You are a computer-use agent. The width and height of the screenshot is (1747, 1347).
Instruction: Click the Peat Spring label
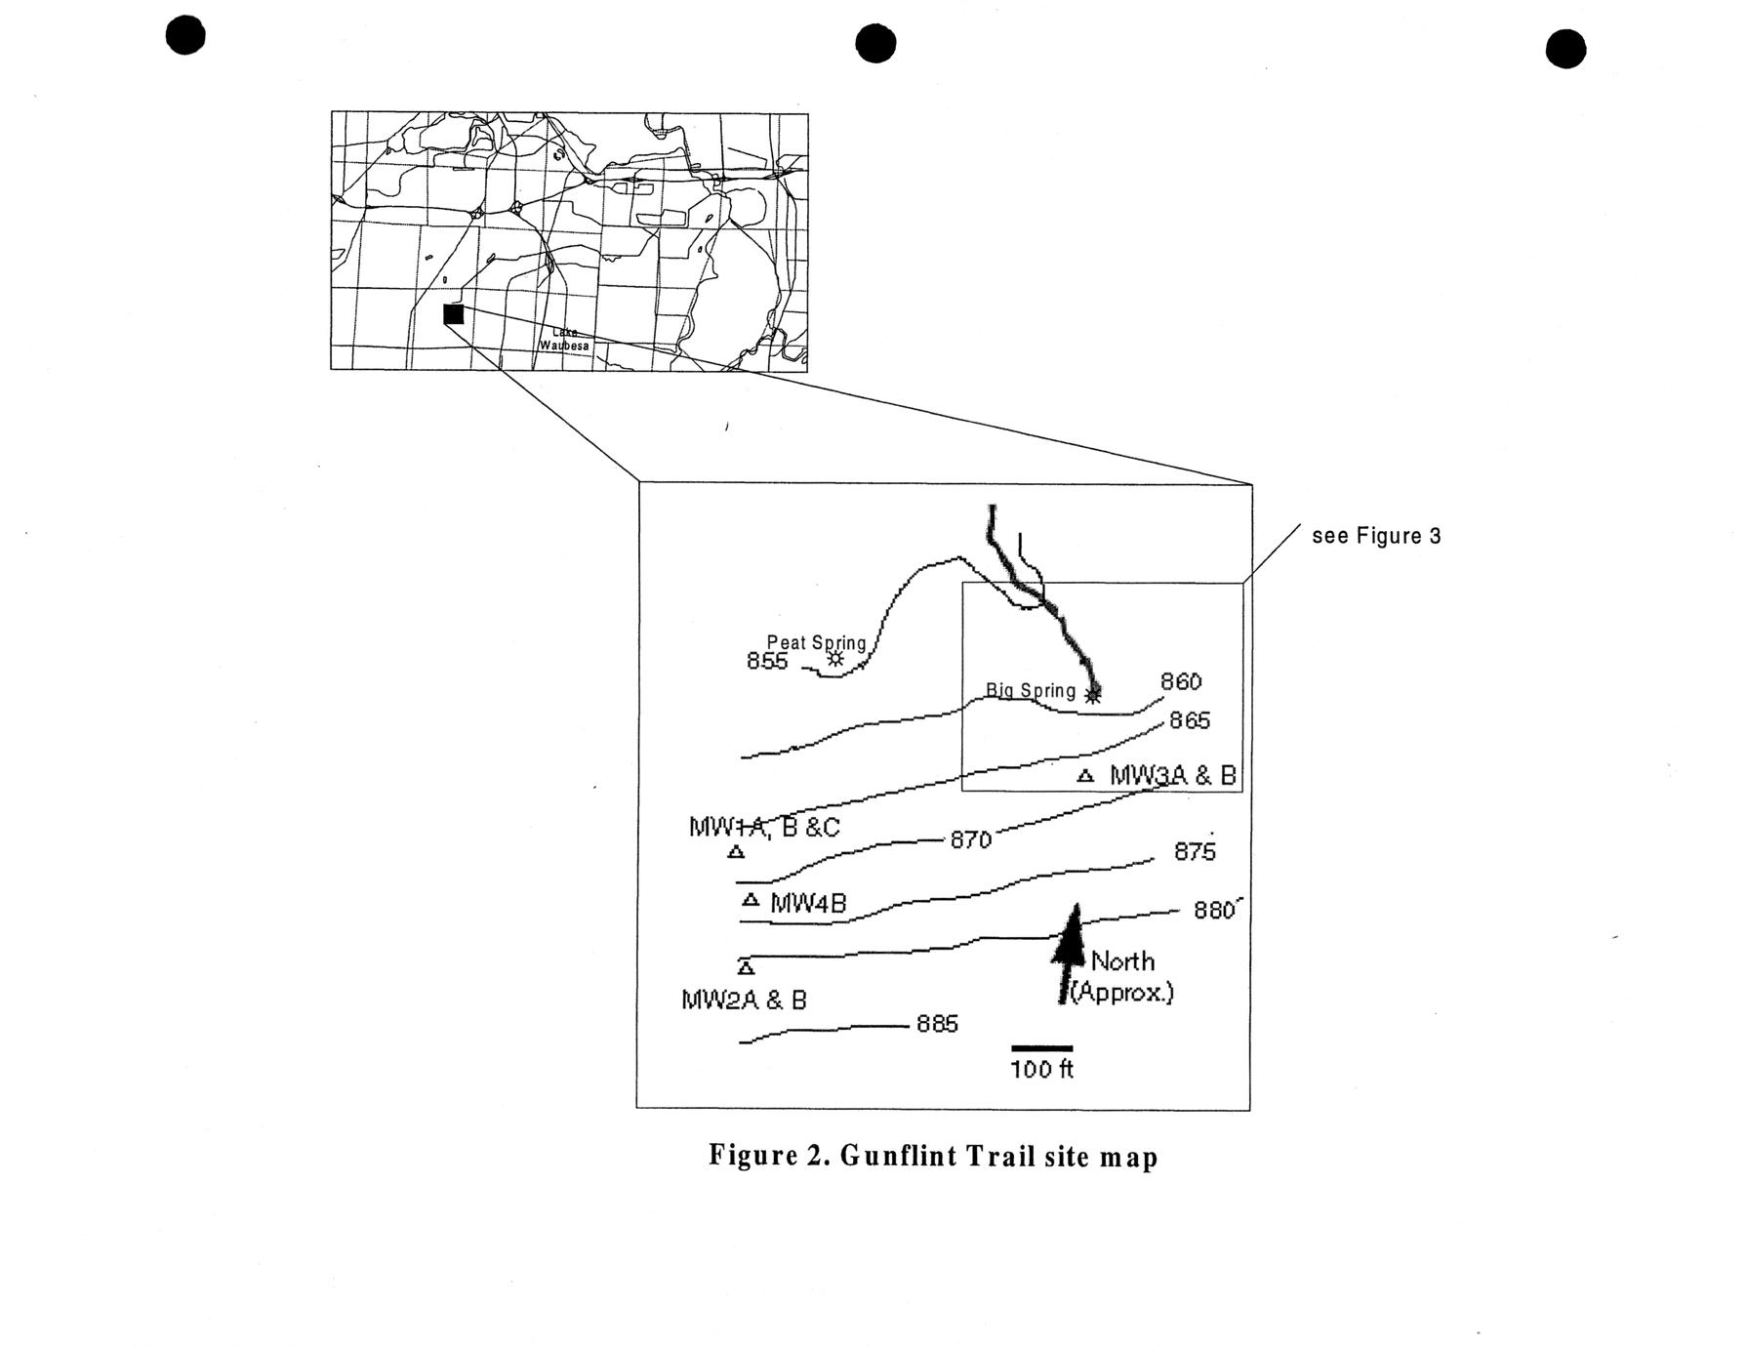[x=816, y=642]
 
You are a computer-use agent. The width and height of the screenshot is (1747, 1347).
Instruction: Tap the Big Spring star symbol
[x=1093, y=694]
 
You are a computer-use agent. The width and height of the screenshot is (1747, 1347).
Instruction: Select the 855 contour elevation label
[x=766, y=661]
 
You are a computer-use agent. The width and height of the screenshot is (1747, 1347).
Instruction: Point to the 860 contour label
[x=1181, y=681]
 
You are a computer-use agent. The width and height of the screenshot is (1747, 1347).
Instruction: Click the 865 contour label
[x=1190, y=720]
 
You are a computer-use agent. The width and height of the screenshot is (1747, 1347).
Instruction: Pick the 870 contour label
[x=970, y=839]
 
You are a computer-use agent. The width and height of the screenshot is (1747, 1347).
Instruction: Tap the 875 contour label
[x=1195, y=852]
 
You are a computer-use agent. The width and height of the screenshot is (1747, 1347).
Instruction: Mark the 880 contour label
[x=1214, y=911]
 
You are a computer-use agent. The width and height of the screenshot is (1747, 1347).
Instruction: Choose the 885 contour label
[x=937, y=1024]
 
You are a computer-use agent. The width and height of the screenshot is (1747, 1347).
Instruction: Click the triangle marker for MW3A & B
[x=1084, y=777]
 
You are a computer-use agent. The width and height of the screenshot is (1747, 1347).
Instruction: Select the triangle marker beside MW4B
[x=751, y=900]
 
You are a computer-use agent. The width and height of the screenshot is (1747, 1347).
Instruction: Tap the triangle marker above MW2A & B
[x=746, y=967]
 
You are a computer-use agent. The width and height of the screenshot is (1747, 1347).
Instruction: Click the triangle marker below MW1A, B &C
[x=737, y=852]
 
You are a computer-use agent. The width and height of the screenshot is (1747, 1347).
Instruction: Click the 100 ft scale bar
[x=1041, y=1048]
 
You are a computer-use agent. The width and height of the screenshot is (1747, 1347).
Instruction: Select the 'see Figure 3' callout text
[x=1376, y=536]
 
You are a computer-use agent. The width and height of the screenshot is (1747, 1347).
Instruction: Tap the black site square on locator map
[x=453, y=314]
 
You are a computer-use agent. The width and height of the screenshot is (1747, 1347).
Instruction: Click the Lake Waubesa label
[x=565, y=339]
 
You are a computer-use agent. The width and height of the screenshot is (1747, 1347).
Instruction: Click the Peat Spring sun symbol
[x=835, y=659]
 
